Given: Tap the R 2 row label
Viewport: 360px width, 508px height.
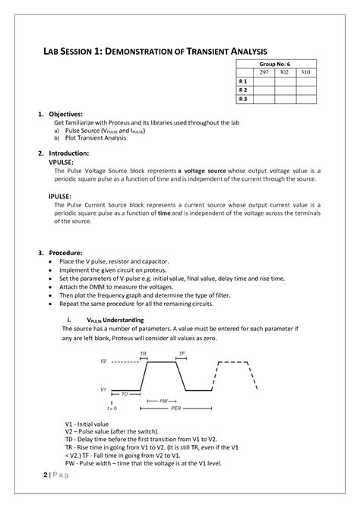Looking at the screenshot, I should click(243, 89).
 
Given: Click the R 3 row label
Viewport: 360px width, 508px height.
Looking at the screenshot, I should click(243, 98).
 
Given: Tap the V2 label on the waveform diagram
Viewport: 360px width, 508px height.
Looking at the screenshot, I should click(103, 361).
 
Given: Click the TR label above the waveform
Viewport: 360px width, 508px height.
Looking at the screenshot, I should click(144, 355).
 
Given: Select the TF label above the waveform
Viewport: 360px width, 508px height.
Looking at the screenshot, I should click(182, 355).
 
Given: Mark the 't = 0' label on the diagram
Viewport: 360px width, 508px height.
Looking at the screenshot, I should click(112, 408).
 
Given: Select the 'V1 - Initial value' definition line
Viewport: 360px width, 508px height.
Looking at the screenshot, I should click(87, 424).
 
